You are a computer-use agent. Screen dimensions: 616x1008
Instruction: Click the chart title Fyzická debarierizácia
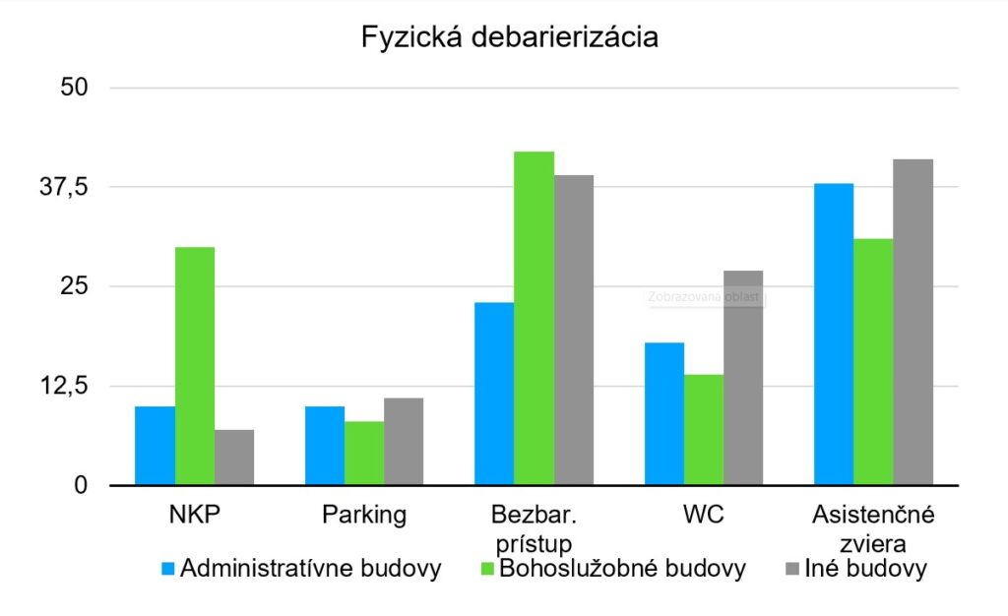click(509, 37)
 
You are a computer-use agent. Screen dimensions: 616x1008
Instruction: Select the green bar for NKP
click(195, 366)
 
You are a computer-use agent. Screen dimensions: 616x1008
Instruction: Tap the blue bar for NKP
click(155, 445)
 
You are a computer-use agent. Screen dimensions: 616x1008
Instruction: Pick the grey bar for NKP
click(234, 458)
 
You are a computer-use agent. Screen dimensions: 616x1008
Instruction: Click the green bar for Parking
click(364, 454)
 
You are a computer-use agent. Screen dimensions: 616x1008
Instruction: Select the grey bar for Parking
click(404, 442)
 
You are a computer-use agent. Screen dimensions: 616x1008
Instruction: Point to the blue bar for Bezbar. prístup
click(494, 394)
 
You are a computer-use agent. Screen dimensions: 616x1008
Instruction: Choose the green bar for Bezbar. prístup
click(535, 318)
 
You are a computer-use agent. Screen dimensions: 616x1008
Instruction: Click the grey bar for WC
click(743, 378)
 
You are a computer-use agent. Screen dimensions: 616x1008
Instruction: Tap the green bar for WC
click(704, 430)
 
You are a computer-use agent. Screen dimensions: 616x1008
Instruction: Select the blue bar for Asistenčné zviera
click(834, 335)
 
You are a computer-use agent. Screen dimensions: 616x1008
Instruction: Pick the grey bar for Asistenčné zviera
click(913, 322)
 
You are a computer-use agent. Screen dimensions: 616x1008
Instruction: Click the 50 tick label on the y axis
click(75, 88)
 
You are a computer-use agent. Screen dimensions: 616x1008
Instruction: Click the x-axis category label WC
click(704, 514)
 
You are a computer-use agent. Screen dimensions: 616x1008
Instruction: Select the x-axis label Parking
click(364, 514)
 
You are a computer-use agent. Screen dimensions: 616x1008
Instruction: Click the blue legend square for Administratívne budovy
click(167, 569)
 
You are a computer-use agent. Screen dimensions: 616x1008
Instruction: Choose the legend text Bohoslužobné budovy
click(622, 569)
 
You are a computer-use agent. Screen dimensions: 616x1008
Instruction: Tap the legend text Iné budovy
click(866, 569)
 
